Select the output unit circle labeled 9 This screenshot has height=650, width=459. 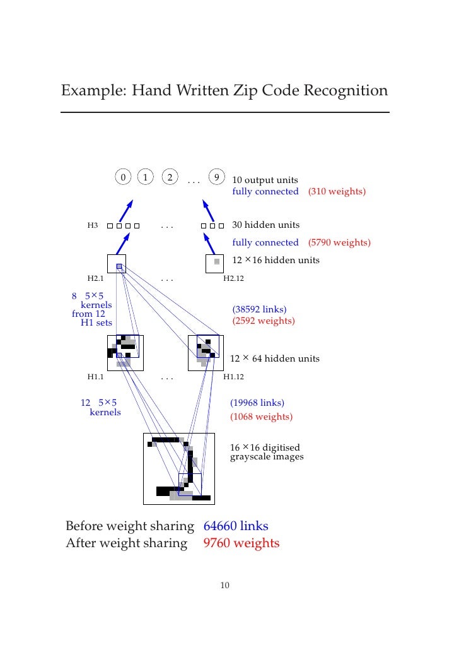tap(217, 177)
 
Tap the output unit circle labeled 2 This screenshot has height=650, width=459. tap(169, 177)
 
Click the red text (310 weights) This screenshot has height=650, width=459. tap(337, 191)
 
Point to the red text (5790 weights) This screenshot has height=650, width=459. tap(339, 242)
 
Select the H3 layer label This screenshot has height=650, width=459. tap(93, 225)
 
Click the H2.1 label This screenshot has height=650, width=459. tap(95, 278)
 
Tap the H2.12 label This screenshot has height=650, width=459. tap(234, 278)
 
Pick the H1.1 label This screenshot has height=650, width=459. tap(95, 377)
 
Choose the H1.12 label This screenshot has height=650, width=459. tap(234, 377)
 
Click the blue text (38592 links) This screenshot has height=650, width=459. tap(259, 309)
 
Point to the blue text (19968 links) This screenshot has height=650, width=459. tap(257, 403)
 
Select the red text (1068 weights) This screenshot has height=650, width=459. tap(261, 417)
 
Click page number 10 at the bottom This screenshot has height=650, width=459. tap(224, 586)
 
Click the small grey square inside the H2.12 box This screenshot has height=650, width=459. tap(217, 261)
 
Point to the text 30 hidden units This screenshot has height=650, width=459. tap(266, 225)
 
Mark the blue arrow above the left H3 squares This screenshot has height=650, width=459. tap(126, 211)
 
